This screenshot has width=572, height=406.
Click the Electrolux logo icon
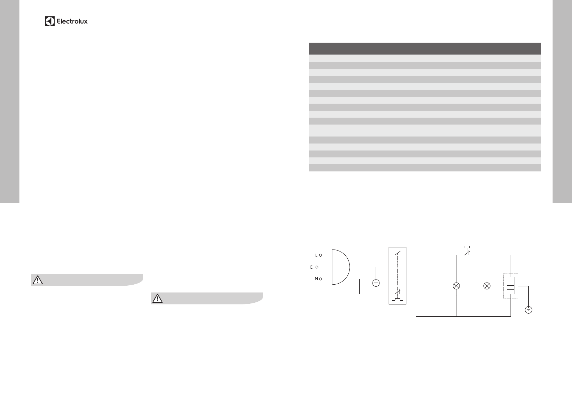tap(50, 21)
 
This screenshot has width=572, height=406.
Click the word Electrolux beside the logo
tap(72, 21)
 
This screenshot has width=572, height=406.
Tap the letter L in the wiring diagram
tap(316, 255)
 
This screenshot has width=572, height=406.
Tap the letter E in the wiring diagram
tap(311, 267)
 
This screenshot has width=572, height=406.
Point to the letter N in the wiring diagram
tap(316, 279)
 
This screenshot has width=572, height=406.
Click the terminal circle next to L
tap(320, 255)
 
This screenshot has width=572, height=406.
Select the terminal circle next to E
tap(317, 267)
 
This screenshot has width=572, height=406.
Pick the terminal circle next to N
tap(320, 279)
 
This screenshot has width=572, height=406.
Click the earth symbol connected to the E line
tap(376, 283)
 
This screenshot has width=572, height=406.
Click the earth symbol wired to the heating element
tap(528, 310)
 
